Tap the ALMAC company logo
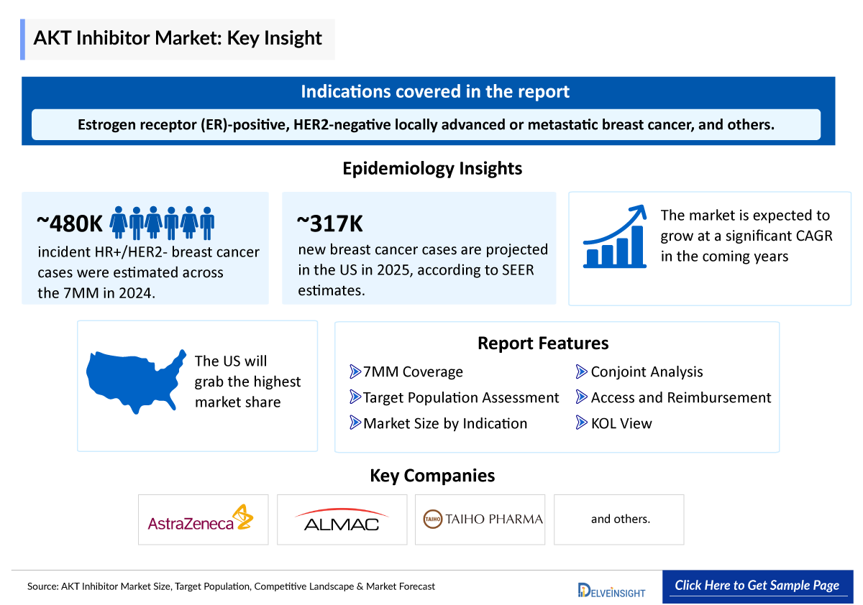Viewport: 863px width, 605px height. point(342,519)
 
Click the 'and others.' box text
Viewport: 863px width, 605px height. point(620,519)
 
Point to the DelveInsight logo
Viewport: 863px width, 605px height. point(612,590)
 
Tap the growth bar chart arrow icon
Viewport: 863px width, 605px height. point(613,237)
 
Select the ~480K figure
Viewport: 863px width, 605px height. point(70,223)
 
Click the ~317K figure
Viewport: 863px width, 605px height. point(330,223)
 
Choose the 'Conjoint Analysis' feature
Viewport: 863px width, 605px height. point(646,371)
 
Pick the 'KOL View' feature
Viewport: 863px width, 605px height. point(621,423)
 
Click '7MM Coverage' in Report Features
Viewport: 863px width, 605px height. point(412,371)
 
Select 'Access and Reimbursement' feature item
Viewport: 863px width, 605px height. point(680,397)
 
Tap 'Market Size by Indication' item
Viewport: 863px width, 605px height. point(444,423)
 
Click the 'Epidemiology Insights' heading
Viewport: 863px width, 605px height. point(431,169)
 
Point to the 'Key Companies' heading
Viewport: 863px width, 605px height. point(431,475)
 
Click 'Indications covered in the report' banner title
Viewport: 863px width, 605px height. point(434,91)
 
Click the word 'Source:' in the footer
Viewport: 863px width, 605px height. point(42,586)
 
